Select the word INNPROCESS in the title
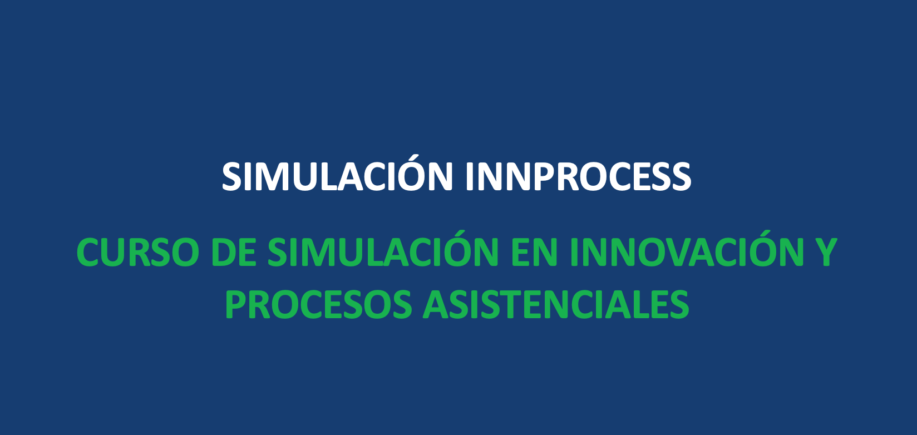(x=579, y=176)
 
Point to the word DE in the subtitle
(x=234, y=253)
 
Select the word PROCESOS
(x=318, y=304)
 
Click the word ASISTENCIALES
(x=556, y=304)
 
